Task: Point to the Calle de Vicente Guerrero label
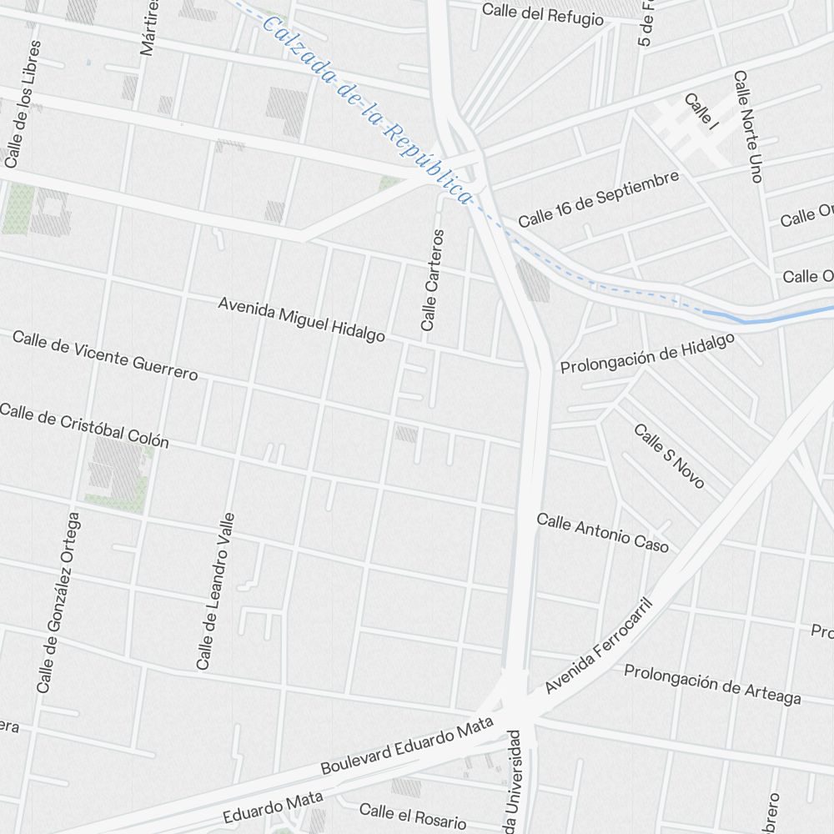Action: (105, 354)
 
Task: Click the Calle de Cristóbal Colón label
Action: (83, 425)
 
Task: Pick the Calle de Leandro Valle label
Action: (216, 590)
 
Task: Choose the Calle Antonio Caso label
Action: (602, 532)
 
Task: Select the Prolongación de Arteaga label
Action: (712, 684)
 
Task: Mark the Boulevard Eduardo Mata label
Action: (408, 749)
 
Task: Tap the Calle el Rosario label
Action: (413, 816)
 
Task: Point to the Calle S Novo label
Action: (669, 456)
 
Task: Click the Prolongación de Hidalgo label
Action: (647, 354)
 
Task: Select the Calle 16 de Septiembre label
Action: (598, 199)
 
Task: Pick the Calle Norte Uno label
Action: (747, 126)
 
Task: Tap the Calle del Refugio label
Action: (542, 14)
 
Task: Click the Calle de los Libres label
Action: (23, 104)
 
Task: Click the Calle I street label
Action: (701, 112)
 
